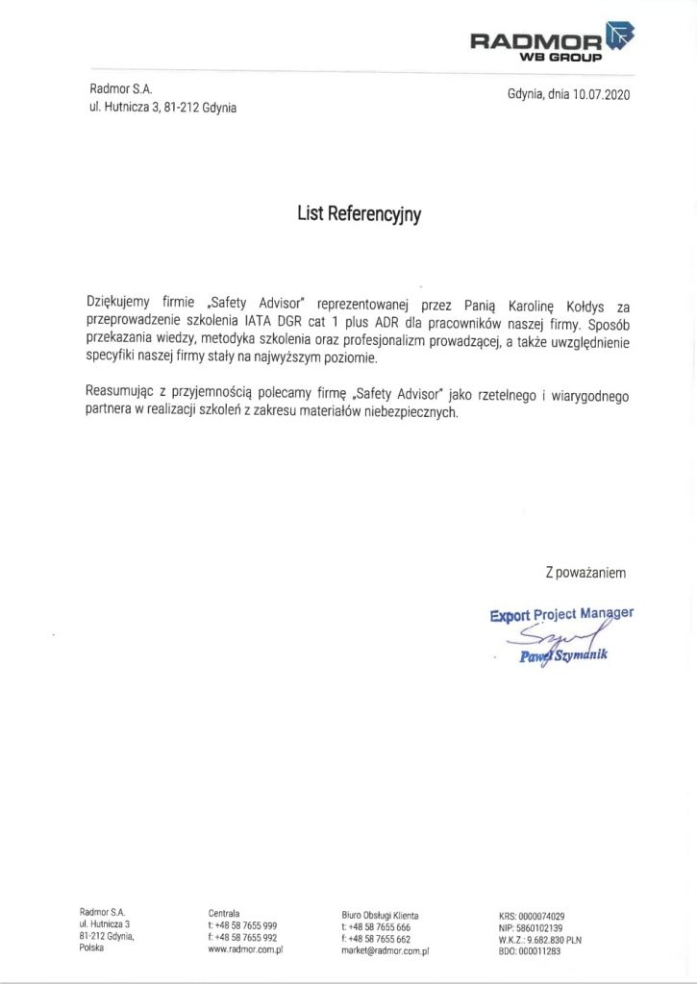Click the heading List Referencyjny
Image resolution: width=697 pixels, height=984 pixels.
[x=359, y=214]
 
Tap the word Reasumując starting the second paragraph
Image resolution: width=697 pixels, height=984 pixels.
[x=118, y=394]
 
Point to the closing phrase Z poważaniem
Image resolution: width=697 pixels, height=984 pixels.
[x=585, y=573]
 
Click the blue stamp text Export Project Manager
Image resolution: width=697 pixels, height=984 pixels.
[x=561, y=614]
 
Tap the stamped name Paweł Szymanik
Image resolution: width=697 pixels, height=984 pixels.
[x=563, y=656]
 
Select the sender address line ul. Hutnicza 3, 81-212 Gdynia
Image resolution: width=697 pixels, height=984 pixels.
[x=162, y=109]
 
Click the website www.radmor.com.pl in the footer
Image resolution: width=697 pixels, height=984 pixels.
[x=245, y=948]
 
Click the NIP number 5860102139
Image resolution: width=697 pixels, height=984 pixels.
[x=537, y=927]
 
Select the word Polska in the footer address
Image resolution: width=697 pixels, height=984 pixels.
[x=91, y=948]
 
